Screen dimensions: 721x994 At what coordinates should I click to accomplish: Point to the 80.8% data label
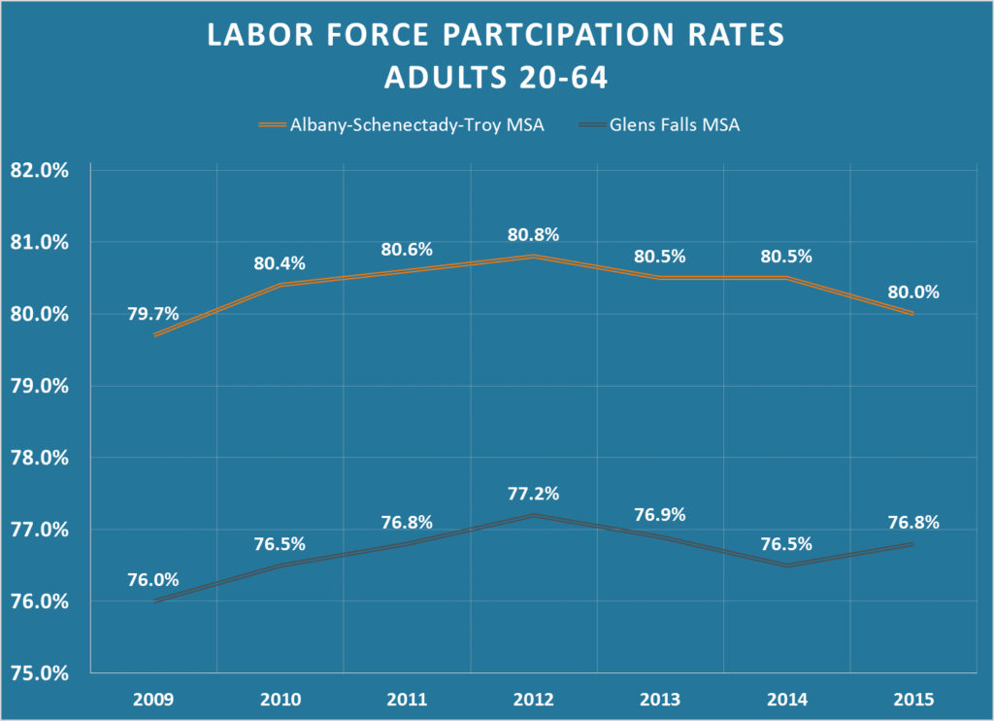click(533, 234)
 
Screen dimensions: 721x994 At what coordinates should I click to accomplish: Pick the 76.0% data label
click(153, 579)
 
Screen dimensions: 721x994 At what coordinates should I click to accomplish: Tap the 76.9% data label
click(659, 514)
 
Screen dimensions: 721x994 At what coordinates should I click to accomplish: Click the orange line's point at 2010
click(281, 285)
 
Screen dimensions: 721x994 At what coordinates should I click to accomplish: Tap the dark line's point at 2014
click(786, 566)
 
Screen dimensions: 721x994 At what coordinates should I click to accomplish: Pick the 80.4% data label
click(281, 262)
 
